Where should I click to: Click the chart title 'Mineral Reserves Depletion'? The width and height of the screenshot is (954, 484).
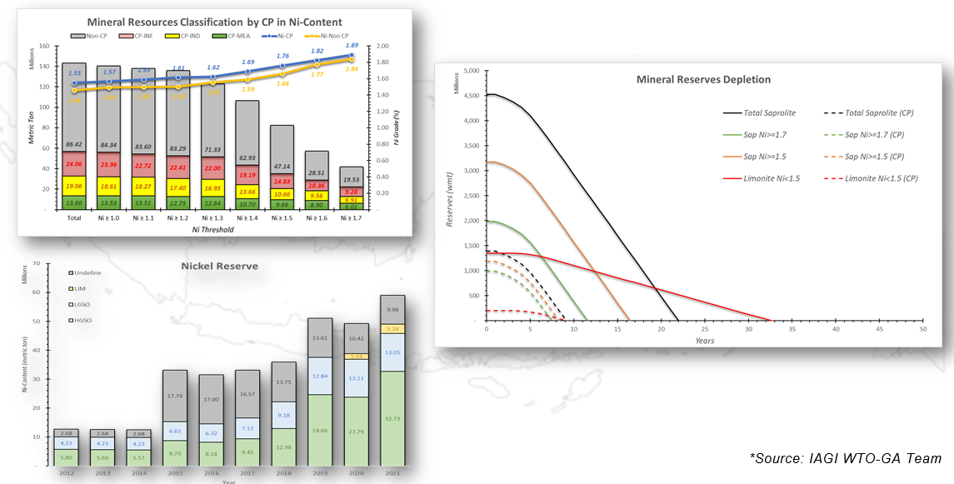703,80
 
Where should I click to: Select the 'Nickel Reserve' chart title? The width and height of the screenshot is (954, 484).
219,266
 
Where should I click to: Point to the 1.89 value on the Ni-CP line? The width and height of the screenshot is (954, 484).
352,46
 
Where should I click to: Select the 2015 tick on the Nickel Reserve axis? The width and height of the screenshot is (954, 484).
174,472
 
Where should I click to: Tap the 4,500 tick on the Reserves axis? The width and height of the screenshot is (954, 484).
471,96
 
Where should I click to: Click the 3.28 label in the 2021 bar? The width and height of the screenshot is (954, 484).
392,328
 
